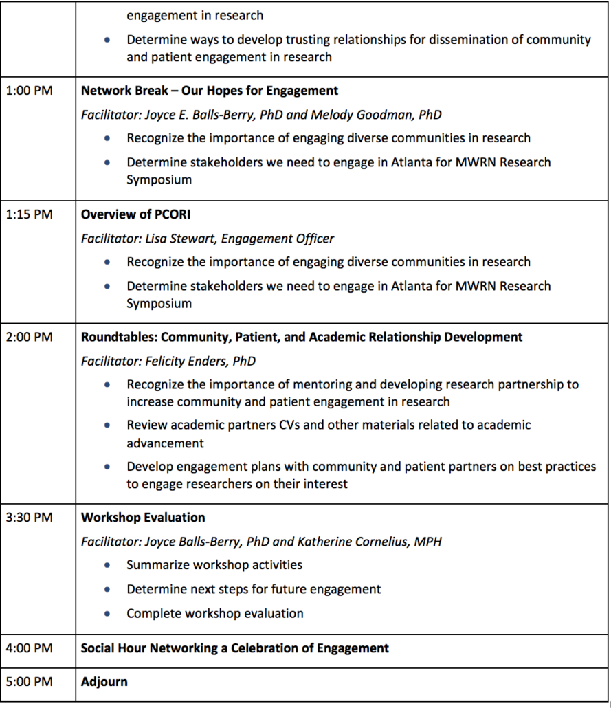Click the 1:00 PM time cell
click(x=29, y=91)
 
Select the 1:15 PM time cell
click(x=29, y=214)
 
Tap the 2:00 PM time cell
click(x=29, y=338)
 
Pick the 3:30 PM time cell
click(x=29, y=518)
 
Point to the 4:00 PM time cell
click(x=29, y=648)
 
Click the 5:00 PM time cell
click(x=29, y=682)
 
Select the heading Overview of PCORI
click(x=135, y=214)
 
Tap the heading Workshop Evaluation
click(x=143, y=518)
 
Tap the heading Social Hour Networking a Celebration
click(x=234, y=648)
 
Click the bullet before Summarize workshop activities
click(x=107, y=566)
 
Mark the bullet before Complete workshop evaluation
click(x=107, y=614)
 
